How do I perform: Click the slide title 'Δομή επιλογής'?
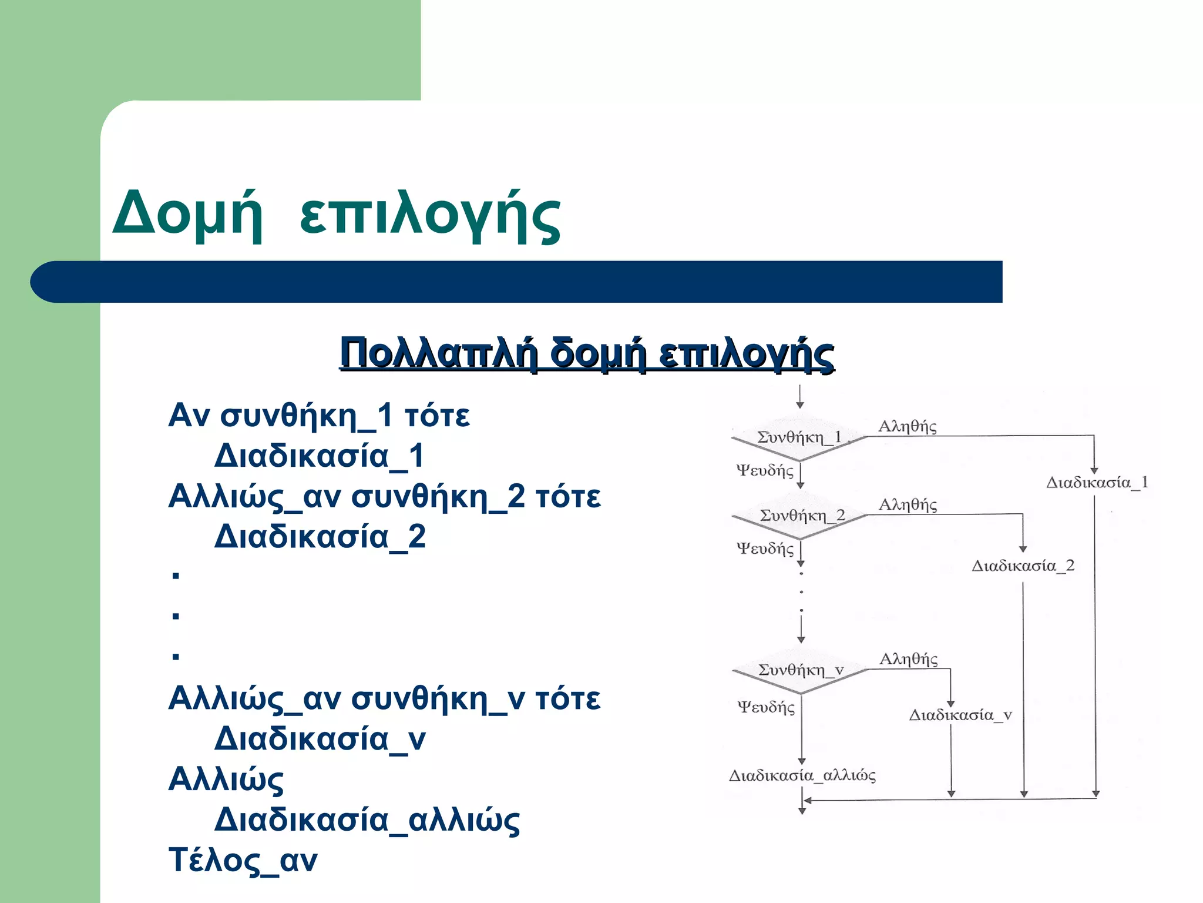click(336, 216)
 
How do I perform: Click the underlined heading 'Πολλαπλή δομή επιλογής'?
click(586, 354)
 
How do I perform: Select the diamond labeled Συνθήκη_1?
click(799, 437)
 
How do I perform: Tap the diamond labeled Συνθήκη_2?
click(801, 516)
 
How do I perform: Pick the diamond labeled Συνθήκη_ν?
click(801, 670)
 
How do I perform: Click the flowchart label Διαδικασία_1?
click(1097, 483)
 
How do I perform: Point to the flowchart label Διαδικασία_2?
click(1023, 566)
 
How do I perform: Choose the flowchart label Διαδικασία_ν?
click(960, 715)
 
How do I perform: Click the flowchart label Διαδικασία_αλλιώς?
click(802, 775)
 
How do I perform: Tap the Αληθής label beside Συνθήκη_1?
click(907, 426)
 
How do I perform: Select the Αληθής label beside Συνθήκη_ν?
click(908, 659)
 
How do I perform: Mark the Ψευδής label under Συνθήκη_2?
click(765, 549)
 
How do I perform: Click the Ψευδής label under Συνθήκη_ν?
click(766, 707)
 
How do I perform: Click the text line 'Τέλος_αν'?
click(243, 860)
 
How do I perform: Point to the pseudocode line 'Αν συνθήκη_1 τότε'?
click(319, 416)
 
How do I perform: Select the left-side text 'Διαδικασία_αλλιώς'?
click(367, 820)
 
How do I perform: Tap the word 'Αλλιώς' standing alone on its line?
click(226, 780)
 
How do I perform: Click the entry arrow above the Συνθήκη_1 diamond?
click(799, 397)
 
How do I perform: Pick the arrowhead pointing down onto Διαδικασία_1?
click(1094, 470)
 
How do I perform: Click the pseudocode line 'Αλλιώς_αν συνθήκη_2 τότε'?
click(384, 496)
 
